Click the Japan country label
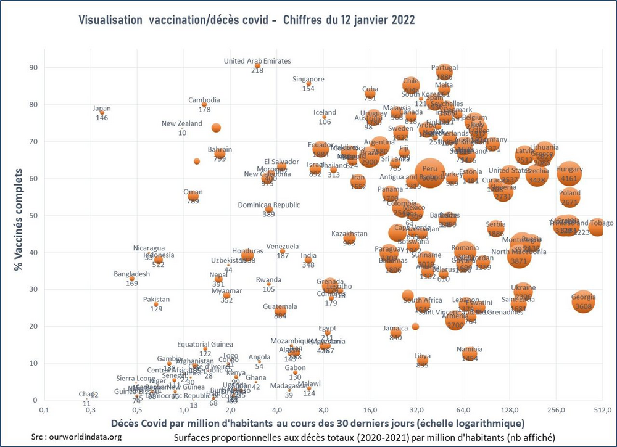pyautogui.click(x=102, y=109)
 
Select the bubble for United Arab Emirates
pyautogui.click(x=257, y=65)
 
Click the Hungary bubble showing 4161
pyautogui.click(x=569, y=173)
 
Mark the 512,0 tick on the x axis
pyautogui.click(x=602, y=410)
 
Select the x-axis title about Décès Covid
pyautogui.click(x=318, y=424)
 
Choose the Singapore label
pyautogui.click(x=308, y=79)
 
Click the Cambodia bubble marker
pyautogui.click(x=204, y=104)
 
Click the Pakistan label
pyautogui.click(x=156, y=300)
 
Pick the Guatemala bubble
pyautogui.click(x=280, y=310)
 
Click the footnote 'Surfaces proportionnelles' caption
pyautogui.click(x=364, y=437)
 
